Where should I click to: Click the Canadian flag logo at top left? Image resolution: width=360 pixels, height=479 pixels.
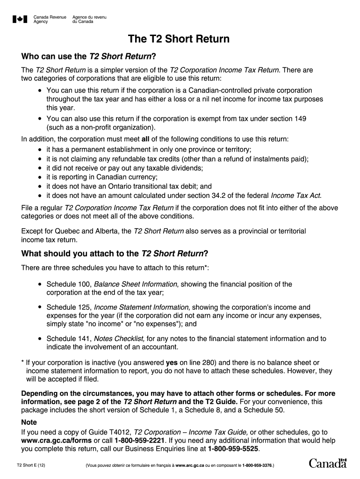coord(20,19)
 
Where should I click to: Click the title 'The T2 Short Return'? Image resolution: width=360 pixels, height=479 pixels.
coord(180,39)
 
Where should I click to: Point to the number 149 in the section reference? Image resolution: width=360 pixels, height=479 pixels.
coord(300,119)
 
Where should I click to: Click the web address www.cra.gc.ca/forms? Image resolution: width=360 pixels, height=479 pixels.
coord(57,441)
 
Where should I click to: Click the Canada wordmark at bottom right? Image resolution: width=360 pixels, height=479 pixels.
coord(328,463)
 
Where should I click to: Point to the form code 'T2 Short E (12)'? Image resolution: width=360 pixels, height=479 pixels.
coord(31,465)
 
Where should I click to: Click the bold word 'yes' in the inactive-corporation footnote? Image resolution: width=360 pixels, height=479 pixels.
coord(172,363)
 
